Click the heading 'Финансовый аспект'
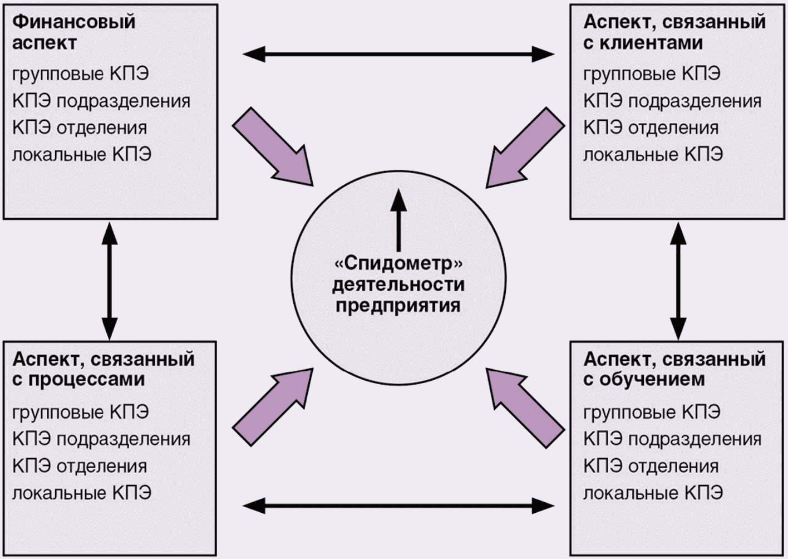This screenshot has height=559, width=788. coord(74,32)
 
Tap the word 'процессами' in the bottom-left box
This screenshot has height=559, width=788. coord(87,380)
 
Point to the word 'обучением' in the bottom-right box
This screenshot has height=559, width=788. coord(652,380)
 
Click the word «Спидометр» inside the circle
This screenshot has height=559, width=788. coord(398,263)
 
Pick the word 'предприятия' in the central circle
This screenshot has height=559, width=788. coord(398,306)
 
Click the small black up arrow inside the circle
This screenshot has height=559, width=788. coord(398,220)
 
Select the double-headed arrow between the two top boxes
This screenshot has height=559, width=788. coord(398,54)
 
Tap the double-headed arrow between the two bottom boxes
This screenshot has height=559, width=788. coord(398,506)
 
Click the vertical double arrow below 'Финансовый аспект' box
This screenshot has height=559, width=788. coord(110,281)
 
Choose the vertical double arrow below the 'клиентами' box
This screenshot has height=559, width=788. coord(678,281)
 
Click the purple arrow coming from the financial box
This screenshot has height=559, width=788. coord(273,146)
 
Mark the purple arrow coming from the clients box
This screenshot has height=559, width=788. coord(525,147)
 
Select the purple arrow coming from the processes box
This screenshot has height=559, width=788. coord(273,408)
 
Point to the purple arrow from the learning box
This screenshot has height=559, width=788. coord(525,408)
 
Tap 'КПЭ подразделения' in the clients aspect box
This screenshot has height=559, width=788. coord(672,101)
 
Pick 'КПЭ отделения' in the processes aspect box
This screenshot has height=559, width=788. coord(80,466)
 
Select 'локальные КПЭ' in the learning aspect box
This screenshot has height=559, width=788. coord(653,493)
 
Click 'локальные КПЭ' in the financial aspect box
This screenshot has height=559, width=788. coord(82,154)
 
